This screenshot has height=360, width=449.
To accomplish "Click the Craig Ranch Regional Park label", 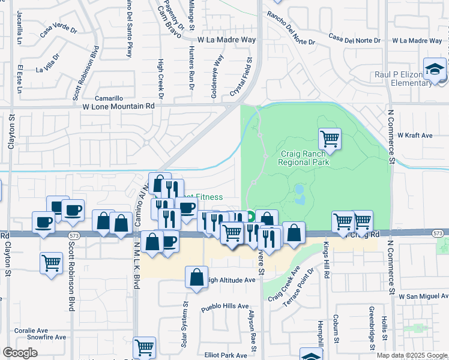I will coord(304,158).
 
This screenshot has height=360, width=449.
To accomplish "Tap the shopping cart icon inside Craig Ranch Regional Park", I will coord(330,139).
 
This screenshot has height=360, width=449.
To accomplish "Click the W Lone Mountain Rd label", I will coord(118,105).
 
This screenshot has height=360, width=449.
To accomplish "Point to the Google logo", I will coord(20,353).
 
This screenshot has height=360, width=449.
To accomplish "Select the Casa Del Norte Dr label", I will coord(355,39).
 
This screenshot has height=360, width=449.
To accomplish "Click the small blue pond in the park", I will coord(299,190).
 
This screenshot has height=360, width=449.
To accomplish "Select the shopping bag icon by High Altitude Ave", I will coord(196,278).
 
